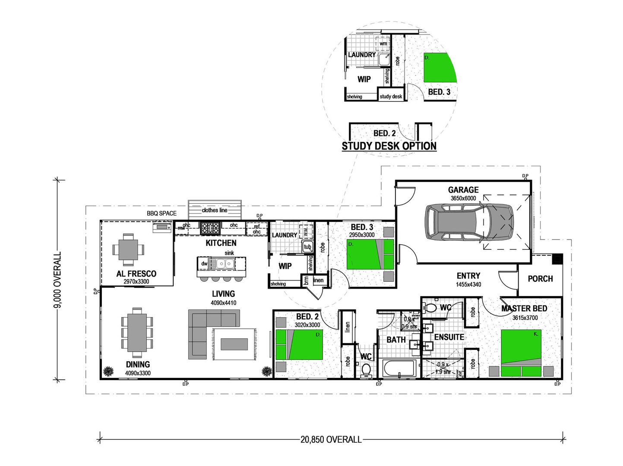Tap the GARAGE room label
[x=463, y=190]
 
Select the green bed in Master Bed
[x=521, y=347]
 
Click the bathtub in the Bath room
[x=399, y=369]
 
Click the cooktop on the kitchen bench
[x=210, y=227]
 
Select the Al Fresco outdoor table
[x=128, y=249]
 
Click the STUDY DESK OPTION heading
[x=389, y=146]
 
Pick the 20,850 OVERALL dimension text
[x=331, y=440]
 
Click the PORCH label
[x=540, y=279]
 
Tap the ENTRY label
[x=468, y=276]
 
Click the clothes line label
[x=215, y=210]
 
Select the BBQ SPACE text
[x=161, y=213]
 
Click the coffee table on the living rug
[x=234, y=344]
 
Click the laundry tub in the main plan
[x=307, y=247]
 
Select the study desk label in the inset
[x=391, y=97]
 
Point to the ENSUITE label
[x=449, y=337]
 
